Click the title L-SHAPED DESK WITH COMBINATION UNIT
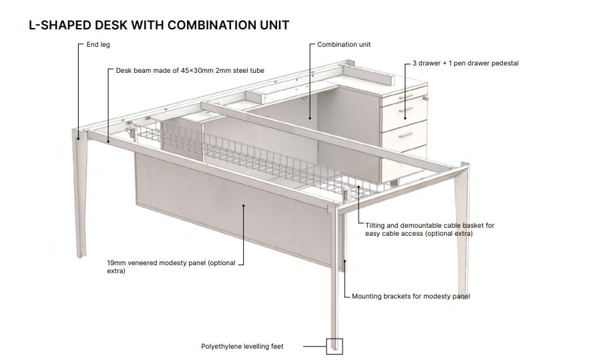coord(159,25)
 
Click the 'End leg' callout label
coord(98,45)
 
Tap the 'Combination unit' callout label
coord(344,45)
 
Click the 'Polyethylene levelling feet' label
coord(242,347)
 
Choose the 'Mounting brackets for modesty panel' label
coord(410,297)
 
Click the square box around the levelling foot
coord(334,347)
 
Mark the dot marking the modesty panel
coord(244,206)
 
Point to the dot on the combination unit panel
coord(311,119)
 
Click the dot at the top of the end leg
coord(78,139)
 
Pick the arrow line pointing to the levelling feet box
coord(314,347)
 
